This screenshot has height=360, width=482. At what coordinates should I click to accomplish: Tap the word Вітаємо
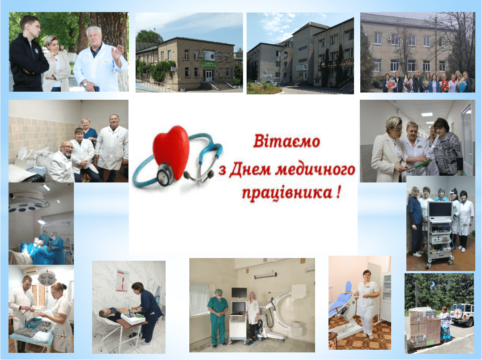pos(286,141)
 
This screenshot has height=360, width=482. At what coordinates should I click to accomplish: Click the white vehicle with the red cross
pos(461,314)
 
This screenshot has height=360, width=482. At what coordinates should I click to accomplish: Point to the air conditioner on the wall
pos(31,271)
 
